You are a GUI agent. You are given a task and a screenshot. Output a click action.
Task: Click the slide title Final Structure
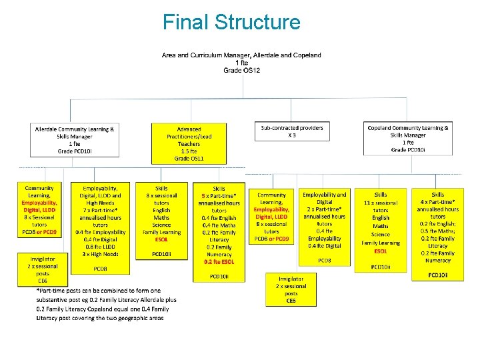click(x=231, y=22)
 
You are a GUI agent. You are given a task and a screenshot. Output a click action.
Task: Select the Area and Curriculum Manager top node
click(x=241, y=62)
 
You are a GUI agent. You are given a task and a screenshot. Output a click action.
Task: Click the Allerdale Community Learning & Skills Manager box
click(x=75, y=139)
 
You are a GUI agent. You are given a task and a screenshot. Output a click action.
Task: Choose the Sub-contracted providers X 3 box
click(x=292, y=131)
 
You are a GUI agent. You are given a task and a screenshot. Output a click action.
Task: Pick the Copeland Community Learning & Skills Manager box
click(x=408, y=139)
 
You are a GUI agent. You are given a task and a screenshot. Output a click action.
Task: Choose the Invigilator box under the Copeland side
click(x=291, y=289)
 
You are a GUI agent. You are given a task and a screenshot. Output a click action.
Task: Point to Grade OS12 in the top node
click(x=241, y=70)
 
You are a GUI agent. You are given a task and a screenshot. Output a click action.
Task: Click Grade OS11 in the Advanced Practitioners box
click(x=189, y=159)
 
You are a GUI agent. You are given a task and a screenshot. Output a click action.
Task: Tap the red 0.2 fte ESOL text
click(x=219, y=262)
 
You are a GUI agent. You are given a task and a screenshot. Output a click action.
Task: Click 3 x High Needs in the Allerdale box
click(x=101, y=254)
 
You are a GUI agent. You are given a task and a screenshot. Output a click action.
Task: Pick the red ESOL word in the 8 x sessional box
click(x=161, y=239)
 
